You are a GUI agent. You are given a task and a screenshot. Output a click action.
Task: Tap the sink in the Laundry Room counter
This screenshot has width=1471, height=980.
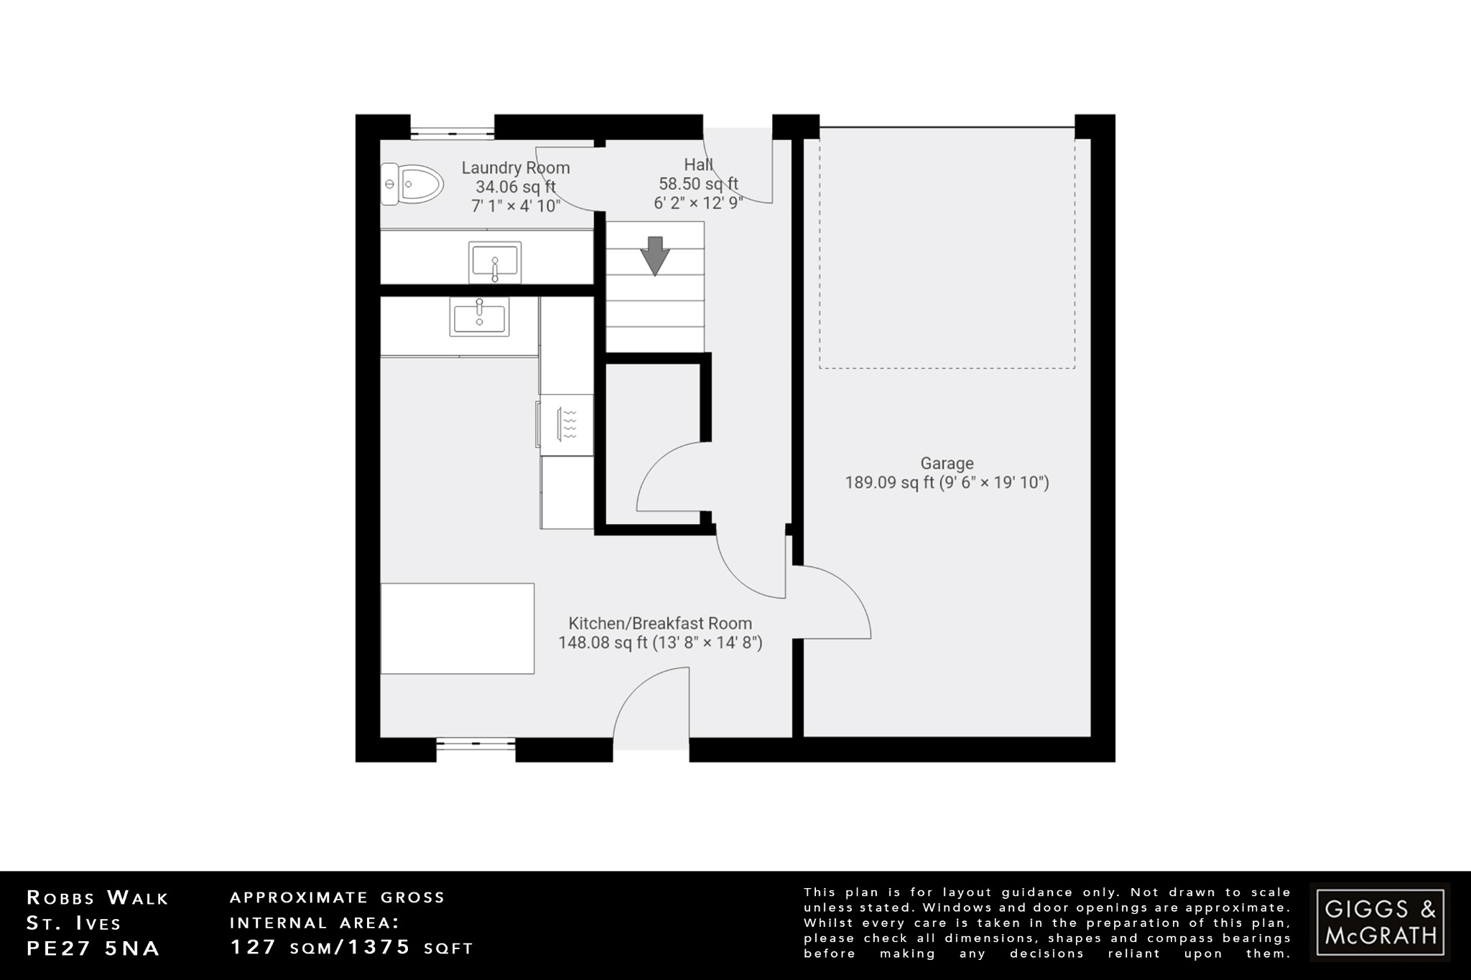pyautogui.click(x=495, y=263)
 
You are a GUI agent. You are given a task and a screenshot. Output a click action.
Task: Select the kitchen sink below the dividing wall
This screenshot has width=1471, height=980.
pyautogui.click(x=479, y=317)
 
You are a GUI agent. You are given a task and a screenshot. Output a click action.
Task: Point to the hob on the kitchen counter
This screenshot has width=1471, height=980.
pyautogui.click(x=567, y=424)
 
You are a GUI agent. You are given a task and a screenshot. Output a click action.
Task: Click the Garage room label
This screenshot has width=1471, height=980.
pyautogui.click(x=947, y=464)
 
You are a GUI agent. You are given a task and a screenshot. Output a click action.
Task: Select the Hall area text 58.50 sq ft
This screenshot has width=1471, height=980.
pyautogui.click(x=698, y=185)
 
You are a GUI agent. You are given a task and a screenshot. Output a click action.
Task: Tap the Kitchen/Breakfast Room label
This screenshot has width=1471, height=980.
pyautogui.click(x=660, y=623)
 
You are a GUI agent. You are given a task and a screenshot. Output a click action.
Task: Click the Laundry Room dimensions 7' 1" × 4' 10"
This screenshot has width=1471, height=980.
pyautogui.click(x=516, y=206)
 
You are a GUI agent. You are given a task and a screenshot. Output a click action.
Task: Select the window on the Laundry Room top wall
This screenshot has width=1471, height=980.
pyautogui.click(x=453, y=133)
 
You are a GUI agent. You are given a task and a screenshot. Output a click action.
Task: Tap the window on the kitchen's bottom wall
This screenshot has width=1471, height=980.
pyautogui.click(x=475, y=745)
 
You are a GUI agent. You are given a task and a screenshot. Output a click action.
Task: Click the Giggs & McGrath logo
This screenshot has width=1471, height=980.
pyautogui.click(x=1380, y=922)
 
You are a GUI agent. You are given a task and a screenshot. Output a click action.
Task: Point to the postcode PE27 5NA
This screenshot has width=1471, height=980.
pyautogui.click(x=93, y=948)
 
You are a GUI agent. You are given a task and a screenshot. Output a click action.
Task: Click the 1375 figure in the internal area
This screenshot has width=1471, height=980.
pyautogui.click(x=379, y=947)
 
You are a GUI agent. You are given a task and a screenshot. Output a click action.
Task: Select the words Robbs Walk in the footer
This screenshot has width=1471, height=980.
pyautogui.click(x=98, y=897)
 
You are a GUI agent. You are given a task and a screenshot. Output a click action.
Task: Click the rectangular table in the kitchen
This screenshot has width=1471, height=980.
pyautogui.click(x=458, y=628)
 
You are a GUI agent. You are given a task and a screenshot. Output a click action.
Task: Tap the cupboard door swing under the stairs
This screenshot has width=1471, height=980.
pyautogui.click(x=668, y=477)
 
